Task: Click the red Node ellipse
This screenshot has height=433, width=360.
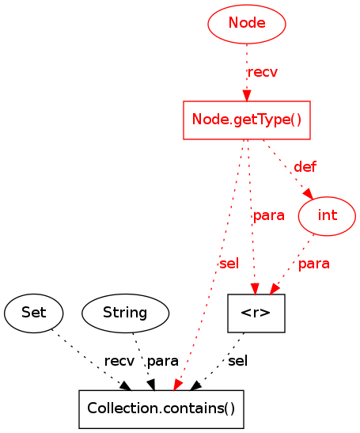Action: (247, 24)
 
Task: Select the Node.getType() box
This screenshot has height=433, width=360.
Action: (247, 120)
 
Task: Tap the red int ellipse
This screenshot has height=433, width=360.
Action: (327, 216)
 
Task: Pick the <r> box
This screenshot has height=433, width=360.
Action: (256, 313)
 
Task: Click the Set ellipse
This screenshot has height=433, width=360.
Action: (34, 313)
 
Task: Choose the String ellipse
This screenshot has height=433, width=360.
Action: (125, 313)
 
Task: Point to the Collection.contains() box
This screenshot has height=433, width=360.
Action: (161, 409)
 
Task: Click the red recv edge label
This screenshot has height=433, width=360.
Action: (262, 72)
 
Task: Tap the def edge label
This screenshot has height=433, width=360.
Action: (305, 167)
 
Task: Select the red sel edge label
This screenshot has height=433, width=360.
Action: (229, 264)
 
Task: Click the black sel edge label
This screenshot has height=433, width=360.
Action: (237, 361)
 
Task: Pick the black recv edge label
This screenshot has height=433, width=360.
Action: (119, 361)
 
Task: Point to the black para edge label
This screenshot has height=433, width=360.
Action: (163, 362)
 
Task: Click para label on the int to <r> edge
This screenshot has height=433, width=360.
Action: (314, 264)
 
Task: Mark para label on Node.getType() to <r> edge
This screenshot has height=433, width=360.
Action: (269, 216)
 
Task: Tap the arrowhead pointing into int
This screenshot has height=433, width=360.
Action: (309, 193)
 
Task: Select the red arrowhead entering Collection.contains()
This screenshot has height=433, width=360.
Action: (178, 385)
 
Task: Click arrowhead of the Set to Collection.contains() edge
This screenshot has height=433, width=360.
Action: (126, 386)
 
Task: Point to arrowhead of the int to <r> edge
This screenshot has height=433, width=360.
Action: (275, 289)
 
